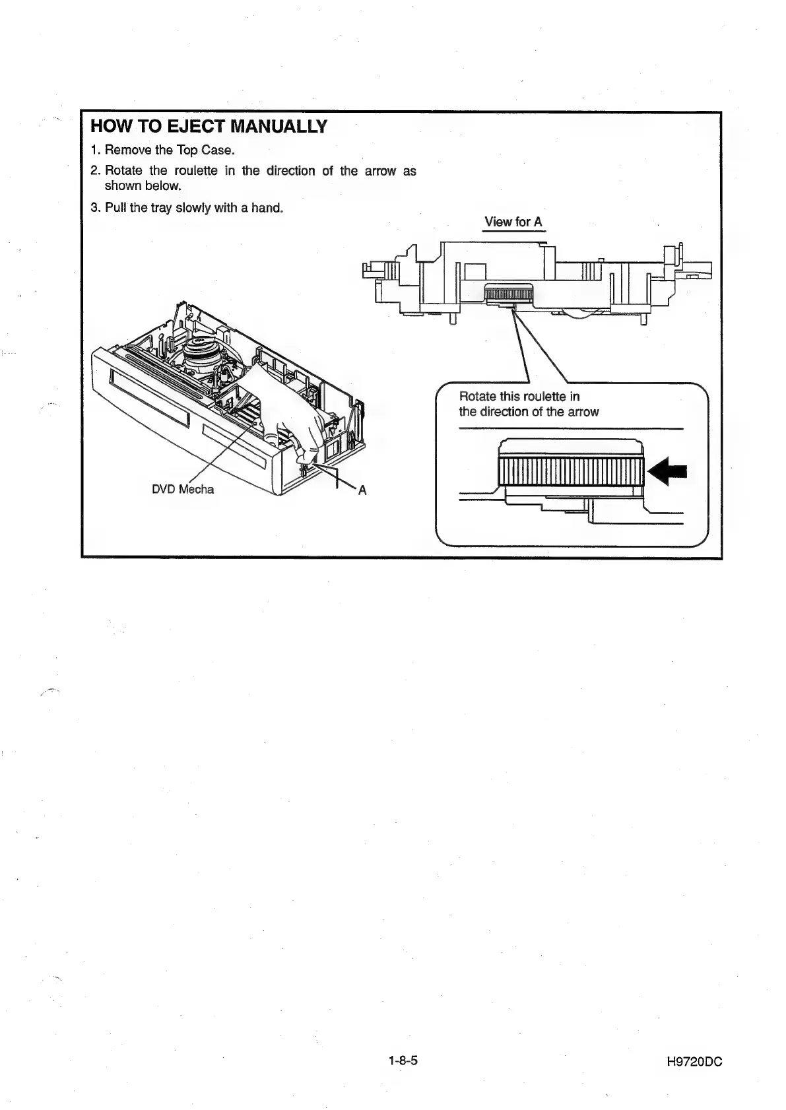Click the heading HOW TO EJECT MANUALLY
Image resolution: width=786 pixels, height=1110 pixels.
(209, 127)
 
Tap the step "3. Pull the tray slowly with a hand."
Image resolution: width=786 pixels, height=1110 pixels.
(187, 208)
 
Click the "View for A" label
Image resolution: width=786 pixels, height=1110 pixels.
(513, 222)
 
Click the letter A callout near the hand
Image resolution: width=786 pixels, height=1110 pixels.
(362, 490)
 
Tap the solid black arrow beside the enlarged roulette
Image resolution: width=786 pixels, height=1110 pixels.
(668, 471)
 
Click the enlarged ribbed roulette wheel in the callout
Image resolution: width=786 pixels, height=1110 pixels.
(569, 470)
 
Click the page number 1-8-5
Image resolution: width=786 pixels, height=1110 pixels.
(404, 1061)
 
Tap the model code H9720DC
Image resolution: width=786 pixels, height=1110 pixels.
(695, 1062)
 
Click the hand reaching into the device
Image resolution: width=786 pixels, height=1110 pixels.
(290, 409)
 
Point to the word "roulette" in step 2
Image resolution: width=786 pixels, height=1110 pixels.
(197, 171)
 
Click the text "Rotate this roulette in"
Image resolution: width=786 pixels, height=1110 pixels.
(519, 397)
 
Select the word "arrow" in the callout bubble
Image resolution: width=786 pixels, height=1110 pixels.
(583, 412)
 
